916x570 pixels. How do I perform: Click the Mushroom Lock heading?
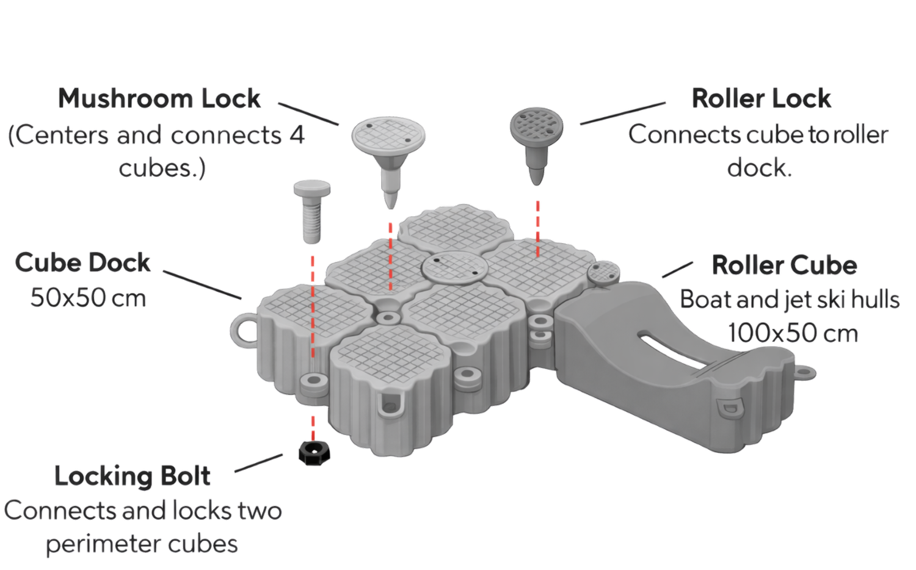click(159, 98)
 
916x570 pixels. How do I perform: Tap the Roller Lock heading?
click(761, 98)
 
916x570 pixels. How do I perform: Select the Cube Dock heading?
click(82, 262)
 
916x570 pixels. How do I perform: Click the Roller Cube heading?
click(784, 265)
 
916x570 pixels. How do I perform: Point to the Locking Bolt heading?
click(133, 476)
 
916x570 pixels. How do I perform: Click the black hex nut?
click(314, 453)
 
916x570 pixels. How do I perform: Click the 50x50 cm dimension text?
click(89, 298)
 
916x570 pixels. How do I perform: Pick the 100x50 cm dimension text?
click(793, 333)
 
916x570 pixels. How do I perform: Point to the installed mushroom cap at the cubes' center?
click(455, 268)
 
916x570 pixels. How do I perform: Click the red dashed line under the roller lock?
click(538, 228)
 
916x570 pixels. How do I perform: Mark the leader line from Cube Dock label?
click(202, 285)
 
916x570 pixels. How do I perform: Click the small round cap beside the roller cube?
click(603, 273)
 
